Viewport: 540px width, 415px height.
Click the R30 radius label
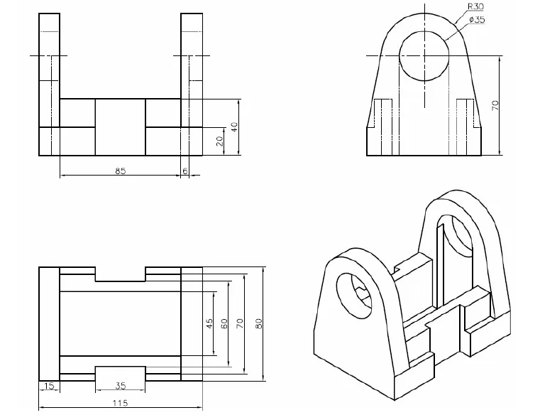[x=475, y=6]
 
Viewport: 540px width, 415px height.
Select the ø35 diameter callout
[x=477, y=20]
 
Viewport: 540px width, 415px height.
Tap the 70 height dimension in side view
[x=495, y=104]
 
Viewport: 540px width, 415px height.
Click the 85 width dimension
[x=121, y=171]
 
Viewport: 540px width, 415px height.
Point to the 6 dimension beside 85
[x=185, y=171]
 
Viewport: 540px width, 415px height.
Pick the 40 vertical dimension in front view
[x=233, y=128]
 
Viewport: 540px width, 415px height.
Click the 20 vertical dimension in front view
[x=219, y=141]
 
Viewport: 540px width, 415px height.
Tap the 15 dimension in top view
[x=48, y=386]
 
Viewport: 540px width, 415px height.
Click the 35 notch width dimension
[x=121, y=386]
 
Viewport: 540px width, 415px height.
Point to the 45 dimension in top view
[x=209, y=323]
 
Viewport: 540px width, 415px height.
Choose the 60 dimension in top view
[x=224, y=323]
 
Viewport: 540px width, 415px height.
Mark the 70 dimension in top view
[x=241, y=323]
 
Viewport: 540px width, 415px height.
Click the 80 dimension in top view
[x=259, y=323]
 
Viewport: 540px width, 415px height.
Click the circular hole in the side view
[x=424, y=55]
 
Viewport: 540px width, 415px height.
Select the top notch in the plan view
[x=120, y=274]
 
